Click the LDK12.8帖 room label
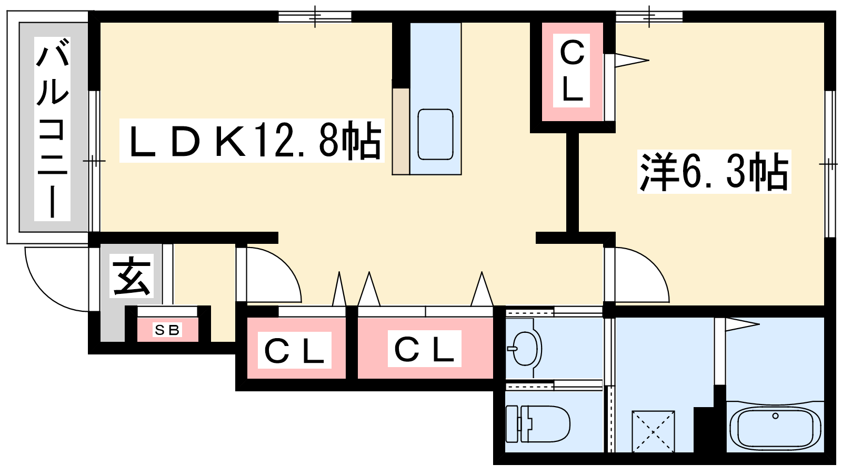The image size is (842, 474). (x=252, y=141)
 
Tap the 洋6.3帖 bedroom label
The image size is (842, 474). (x=714, y=172)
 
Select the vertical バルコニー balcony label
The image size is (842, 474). (x=52, y=129)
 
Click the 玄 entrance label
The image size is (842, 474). (x=132, y=276)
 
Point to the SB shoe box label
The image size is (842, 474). (x=167, y=330)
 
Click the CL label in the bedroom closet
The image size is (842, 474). (x=572, y=71)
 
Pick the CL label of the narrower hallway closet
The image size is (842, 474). (x=294, y=350)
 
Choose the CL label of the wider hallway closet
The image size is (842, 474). (x=424, y=349)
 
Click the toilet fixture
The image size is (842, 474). (x=538, y=423)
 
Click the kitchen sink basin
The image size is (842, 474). (x=435, y=134)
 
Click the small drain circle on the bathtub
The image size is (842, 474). (x=775, y=416)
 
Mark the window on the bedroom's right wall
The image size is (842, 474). (x=830, y=164)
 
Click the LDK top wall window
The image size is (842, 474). (x=315, y=16)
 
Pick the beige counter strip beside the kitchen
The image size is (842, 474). (x=400, y=132)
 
